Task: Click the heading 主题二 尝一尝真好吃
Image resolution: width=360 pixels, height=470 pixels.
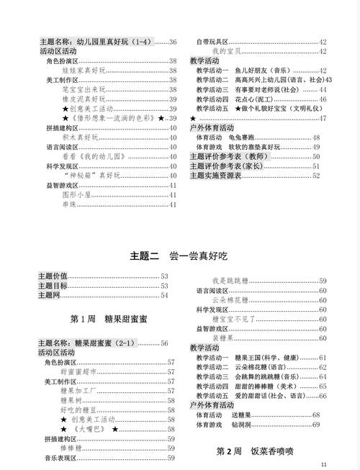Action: click(x=179, y=255)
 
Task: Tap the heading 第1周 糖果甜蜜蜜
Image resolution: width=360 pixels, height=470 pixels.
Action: click(x=107, y=317)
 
